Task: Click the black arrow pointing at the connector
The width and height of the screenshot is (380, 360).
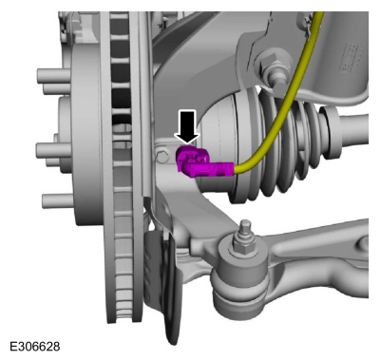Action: [x=187, y=126]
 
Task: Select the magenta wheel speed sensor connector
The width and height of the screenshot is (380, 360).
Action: [x=202, y=163]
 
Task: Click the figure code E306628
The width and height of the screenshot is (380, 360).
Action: [x=35, y=346]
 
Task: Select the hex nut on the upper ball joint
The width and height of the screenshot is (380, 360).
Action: [x=267, y=65]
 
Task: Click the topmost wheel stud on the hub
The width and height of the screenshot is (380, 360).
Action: [x=53, y=76]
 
